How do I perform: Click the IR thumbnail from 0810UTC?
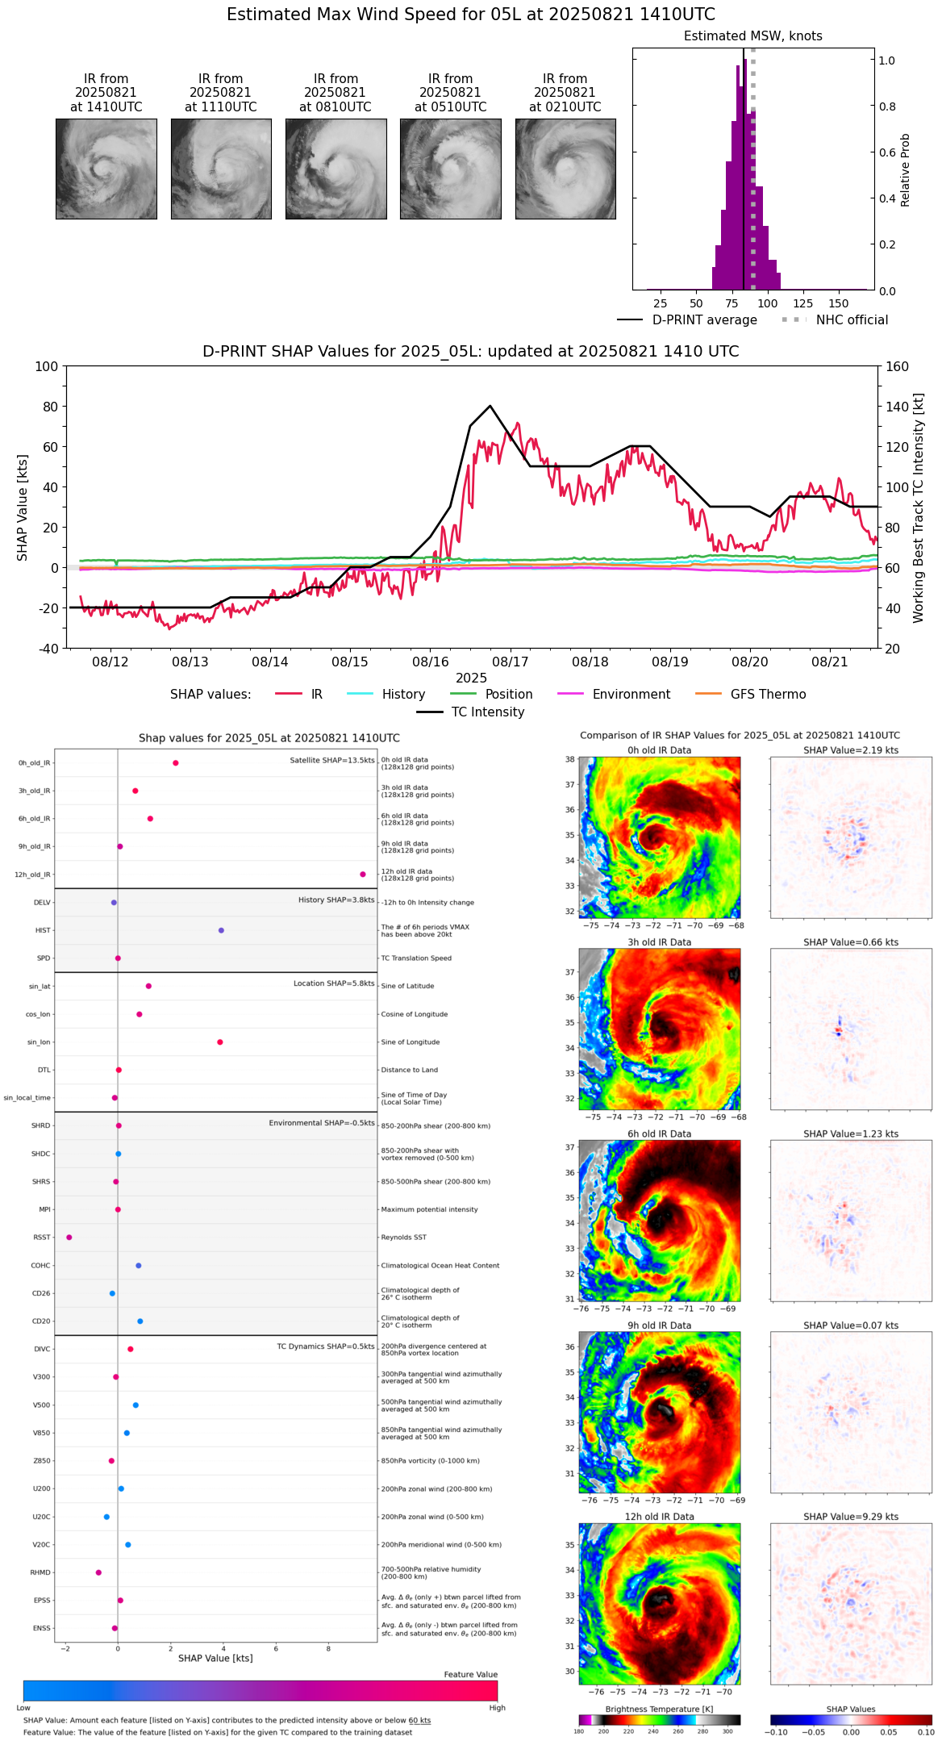tap(336, 169)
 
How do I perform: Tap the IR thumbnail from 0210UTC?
tap(565, 169)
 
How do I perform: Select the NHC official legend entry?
tap(851, 320)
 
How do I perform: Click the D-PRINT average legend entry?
tap(704, 320)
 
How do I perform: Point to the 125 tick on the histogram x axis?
tap(802, 303)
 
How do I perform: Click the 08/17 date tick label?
tap(510, 662)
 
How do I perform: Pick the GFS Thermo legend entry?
tap(768, 695)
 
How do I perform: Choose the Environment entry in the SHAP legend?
tap(631, 695)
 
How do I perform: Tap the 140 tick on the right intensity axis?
tap(898, 407)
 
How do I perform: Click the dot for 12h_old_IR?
tap(363, 875)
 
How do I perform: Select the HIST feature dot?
tap(221, 930)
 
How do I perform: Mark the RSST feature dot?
tap(69, 1238)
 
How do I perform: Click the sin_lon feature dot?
tap(220, 1042)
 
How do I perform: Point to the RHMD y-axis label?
tap(40, 1572)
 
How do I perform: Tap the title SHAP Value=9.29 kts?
tap(850, 1517)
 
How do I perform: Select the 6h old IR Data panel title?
tap(659, 1134)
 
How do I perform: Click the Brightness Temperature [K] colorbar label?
tap(659, 1709)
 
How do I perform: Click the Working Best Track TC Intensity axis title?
tap(919, 508)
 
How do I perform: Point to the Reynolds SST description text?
tap(404, 1238)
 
